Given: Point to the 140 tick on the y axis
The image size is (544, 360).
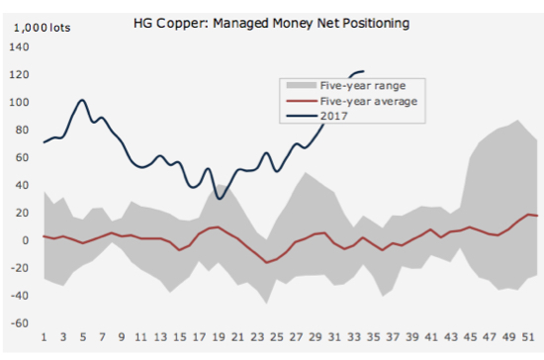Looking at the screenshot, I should click(x=20, y=46).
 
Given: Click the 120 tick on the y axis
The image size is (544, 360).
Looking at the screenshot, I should click(x=20, y=74).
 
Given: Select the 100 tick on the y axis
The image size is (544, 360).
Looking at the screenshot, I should click(x=20, y=102).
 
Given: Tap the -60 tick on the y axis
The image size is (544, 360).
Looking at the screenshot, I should click(x=20, y=323).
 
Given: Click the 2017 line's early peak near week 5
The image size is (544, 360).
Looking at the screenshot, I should click(x=83, y=100).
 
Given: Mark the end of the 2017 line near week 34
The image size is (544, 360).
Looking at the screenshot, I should click(x=364, y=71).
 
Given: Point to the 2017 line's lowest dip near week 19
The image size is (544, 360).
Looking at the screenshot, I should click(x=219, y=198).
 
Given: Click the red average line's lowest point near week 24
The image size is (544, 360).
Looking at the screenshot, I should click(x=267, y=263).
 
